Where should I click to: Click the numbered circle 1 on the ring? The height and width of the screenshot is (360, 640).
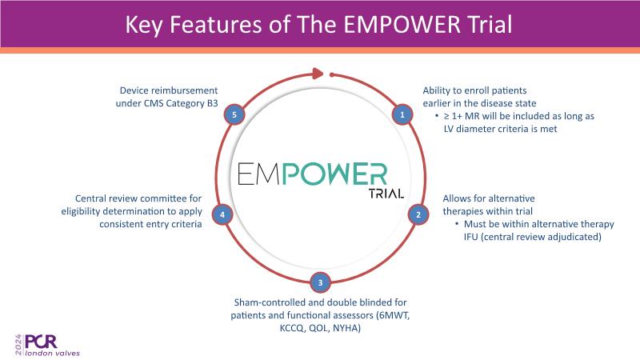(x=403, y=114)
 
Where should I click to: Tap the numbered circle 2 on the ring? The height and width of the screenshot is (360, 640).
(x=417, y=214)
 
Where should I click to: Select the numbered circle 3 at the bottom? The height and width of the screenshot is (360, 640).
(x=320, y=282)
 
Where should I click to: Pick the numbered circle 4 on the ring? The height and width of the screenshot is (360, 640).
(x=224, y=214)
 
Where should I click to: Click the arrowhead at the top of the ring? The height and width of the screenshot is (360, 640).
(x=318, y=74)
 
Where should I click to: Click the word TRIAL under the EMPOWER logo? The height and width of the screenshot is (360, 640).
(x=386, y=194)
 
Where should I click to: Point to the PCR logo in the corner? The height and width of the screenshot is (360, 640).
(x=38, y=339)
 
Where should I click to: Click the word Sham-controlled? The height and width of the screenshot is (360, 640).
(x=265, y=301)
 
